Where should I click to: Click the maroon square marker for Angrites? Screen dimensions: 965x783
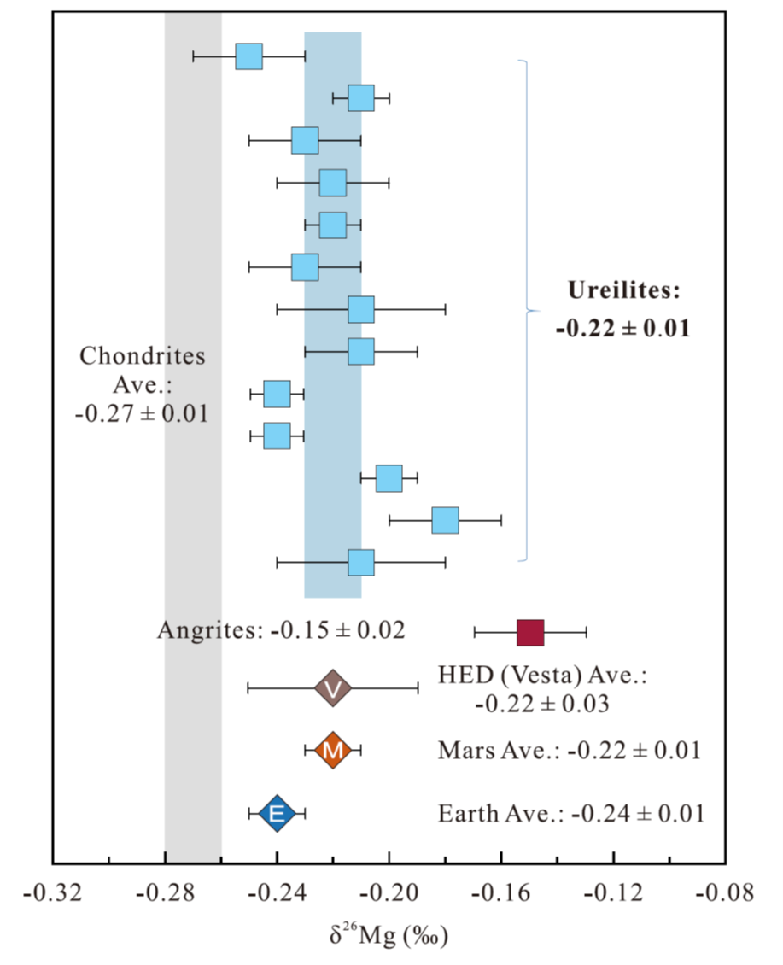click(530, 633)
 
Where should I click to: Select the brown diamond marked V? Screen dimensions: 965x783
click(333, 688)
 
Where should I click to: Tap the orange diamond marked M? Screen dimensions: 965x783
click(333, 751)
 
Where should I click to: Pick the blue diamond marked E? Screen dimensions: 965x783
click(277, 813)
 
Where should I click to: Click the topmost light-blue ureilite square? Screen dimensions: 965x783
click(248, 56)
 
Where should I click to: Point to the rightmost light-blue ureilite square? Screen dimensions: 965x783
click(445, 520)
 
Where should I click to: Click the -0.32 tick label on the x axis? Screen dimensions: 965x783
click(54, 893)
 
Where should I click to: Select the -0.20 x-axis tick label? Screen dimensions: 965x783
click(389, 893)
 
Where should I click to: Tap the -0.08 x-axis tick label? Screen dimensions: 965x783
click(725, 893)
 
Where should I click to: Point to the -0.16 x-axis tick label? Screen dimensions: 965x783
click(501, 893)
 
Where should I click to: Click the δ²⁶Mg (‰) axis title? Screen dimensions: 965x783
click(389, 935)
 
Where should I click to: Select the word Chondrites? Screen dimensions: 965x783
click(143, 356)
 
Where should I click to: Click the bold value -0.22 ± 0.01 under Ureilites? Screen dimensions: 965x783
click(622, 328)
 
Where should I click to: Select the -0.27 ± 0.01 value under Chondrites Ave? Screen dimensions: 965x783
click(142, 414)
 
